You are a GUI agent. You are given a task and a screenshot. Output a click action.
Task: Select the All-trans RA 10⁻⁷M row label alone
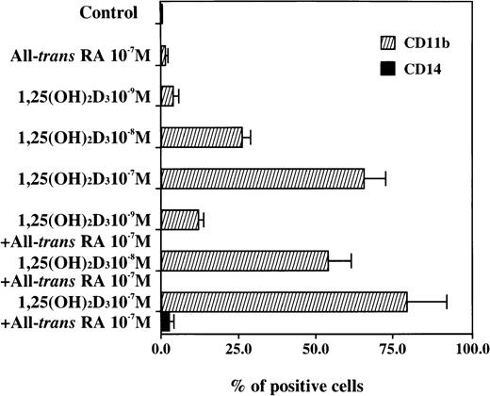pyautogui.click(x=81, y=56)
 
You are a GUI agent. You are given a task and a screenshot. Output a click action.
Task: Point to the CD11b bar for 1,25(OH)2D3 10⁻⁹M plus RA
pyautogui.click(x=179, y=220)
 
